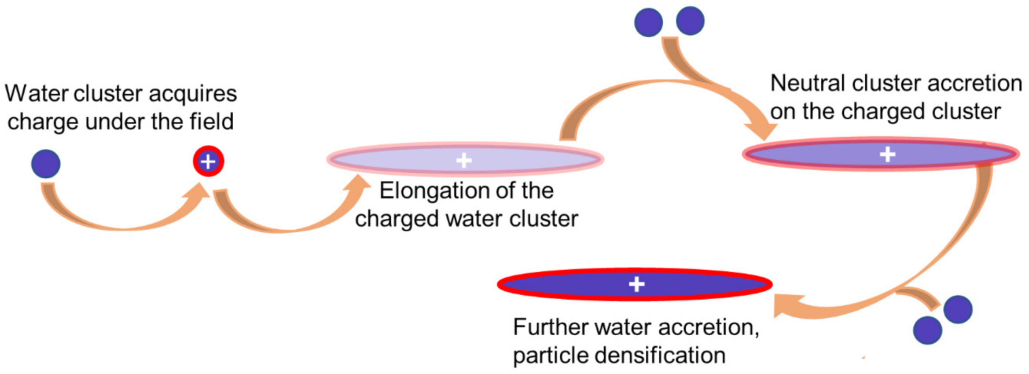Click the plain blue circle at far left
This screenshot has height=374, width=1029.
tap(46, 164)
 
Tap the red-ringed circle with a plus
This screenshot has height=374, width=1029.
tap(208, 161)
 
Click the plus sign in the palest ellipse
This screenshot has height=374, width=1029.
tap(464, 161)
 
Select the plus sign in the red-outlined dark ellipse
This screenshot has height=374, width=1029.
tap(636, 284)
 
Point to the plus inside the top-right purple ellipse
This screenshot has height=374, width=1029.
tap(887, 154)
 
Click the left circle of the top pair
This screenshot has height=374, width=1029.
tap(648, 22)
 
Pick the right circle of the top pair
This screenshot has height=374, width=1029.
tap(690, 21)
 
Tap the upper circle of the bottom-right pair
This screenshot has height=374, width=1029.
tap(958, 309)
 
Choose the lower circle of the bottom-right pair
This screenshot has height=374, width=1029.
tap(927, 330)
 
